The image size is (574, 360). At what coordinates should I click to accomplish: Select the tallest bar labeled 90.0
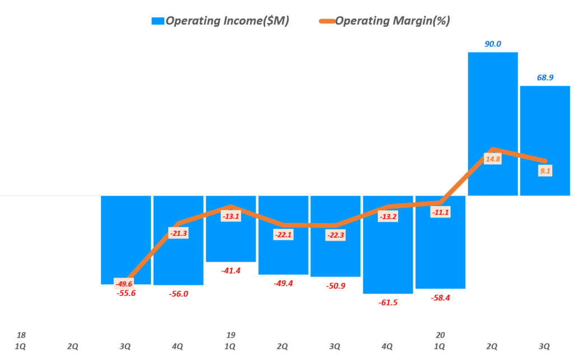493,123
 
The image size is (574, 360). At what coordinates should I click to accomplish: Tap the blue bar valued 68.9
545,140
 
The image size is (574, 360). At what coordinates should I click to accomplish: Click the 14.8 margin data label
493,159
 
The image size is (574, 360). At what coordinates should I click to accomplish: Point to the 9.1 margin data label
544,171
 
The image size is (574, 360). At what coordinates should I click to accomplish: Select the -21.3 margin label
178,233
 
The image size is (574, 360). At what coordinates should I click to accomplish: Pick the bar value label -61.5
387,302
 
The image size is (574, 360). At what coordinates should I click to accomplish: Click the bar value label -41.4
230,271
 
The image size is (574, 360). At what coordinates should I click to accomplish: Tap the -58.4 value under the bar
440,298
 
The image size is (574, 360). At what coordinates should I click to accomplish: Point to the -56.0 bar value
178,294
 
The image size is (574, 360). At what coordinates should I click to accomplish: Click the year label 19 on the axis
230,335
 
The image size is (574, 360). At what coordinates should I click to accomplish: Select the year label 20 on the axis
440,335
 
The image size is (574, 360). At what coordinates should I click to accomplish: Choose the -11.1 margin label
440,212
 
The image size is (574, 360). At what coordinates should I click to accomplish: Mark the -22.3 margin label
335,236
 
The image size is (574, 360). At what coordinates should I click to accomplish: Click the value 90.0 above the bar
493,44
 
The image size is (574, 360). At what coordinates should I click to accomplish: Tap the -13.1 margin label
230,216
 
